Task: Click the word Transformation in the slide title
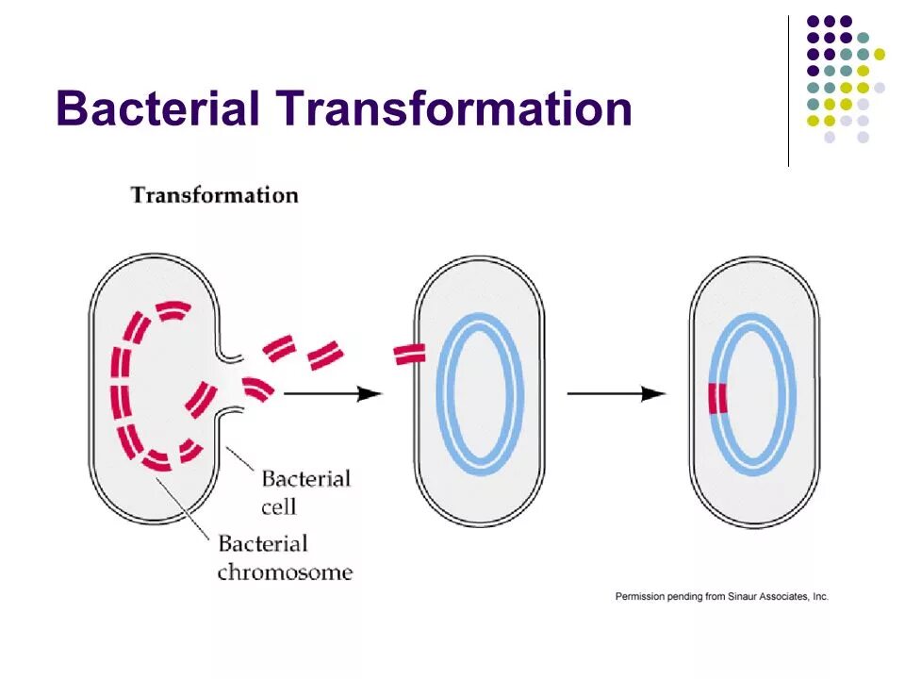[x=453, y=108]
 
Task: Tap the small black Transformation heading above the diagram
[x=214, y=195]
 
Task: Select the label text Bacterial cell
[x=305, y=492]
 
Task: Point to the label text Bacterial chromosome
[x=284, y=557]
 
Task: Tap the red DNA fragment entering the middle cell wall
[x=410, y=355]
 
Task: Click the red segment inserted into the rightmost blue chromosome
[x=718, y=399]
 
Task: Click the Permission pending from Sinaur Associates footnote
[x=721, y=596]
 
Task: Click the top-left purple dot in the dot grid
[x=814, y=21]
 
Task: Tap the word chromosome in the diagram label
[x=284, y=571]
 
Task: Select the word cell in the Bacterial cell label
[x=279, y=506]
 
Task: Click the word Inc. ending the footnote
[x=819, y=596]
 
